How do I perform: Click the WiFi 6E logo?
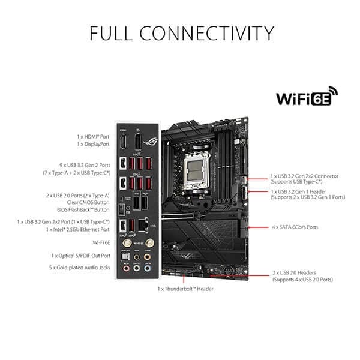307,98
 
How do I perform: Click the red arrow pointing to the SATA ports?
260,227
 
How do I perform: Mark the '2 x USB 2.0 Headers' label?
302,272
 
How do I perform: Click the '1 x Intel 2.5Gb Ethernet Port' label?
77,230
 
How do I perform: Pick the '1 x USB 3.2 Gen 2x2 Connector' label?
305,176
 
